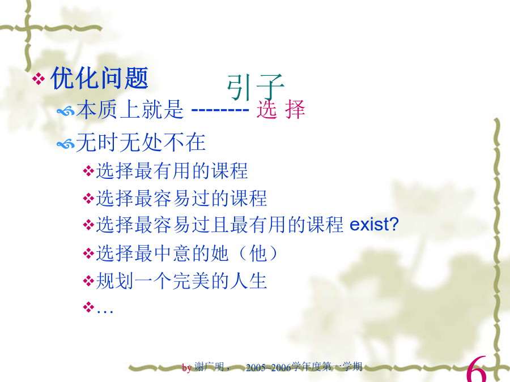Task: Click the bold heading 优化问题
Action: (100, 78)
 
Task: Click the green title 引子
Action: (256, 87)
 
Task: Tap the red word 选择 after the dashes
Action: (280, 109)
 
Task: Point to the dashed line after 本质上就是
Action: (220, 110)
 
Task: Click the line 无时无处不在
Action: (141, 142)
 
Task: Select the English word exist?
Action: (374, 224)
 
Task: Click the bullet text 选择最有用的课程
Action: (172, 171)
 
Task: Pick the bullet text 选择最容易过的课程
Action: (181, 198)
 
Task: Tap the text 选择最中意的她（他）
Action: (187, 254)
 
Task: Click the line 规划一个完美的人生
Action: (181, 281)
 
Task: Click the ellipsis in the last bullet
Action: (105, 311)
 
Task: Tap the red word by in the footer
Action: (186, 368)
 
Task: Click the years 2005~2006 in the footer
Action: (269, 367)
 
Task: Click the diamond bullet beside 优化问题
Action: (39, 79)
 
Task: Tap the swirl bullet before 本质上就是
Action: (66, 111)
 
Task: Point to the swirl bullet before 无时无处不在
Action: (66, 144)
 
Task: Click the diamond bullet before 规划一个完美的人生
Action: (88, 281)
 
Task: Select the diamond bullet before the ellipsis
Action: (88, 307)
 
